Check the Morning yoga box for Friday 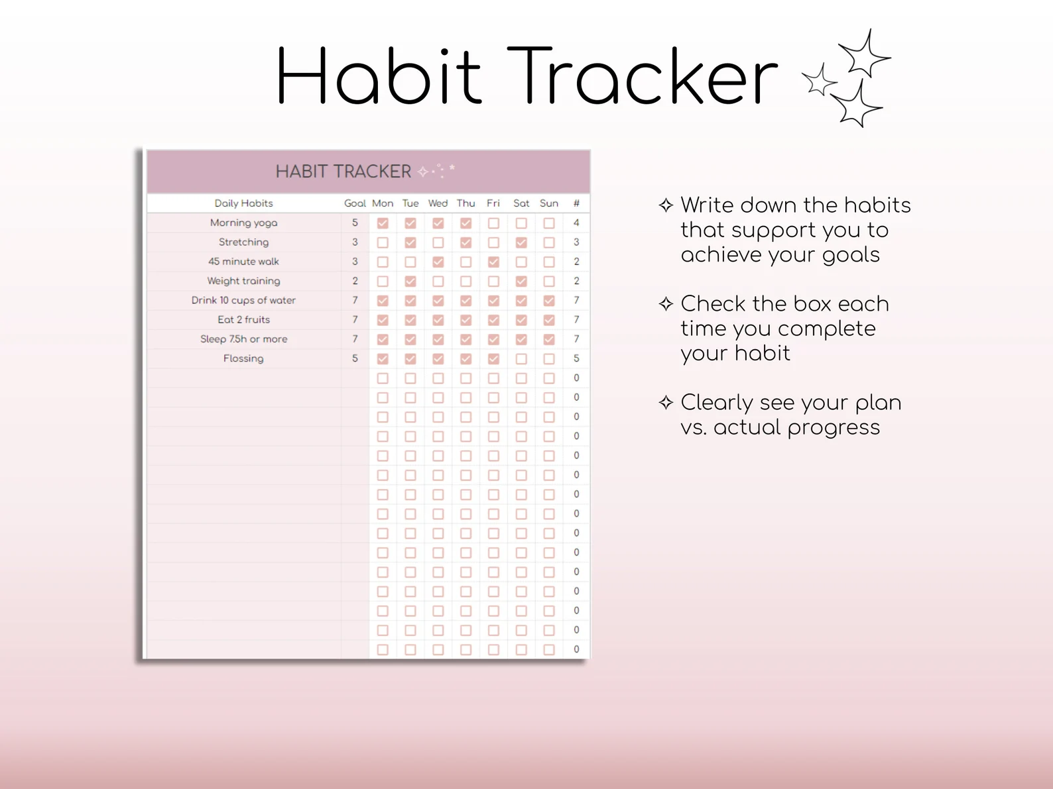[493, 223]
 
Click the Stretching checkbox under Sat [521, 242]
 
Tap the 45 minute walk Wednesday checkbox [438, 262]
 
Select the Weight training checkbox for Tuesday [410, 281]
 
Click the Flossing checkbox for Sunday [549, 358]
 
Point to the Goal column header [355, 203]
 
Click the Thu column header [465, 203]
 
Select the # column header [576, 203]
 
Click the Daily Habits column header [243, 203]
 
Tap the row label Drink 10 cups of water [243, 300]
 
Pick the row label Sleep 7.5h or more [243, 339]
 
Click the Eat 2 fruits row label [243, 320]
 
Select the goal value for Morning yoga [355, 223]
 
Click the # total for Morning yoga [576, 223]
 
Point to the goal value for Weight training [355, 281]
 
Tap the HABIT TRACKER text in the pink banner [343, 172]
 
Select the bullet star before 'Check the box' [666, 304]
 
